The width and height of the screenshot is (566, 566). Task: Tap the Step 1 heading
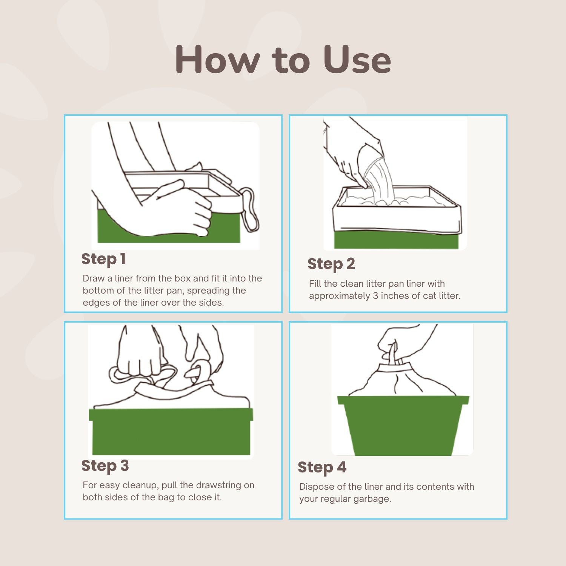click(103, 259)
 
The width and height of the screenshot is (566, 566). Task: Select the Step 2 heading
click(331, 264)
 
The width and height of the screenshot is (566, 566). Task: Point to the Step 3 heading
click(105, 466)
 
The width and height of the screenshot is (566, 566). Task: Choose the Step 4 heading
click(322, 468)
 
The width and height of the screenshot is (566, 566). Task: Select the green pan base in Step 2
click(396, 240)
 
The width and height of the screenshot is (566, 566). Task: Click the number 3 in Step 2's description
click(375, 296)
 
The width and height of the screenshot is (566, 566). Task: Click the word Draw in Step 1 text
click(93, 278)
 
